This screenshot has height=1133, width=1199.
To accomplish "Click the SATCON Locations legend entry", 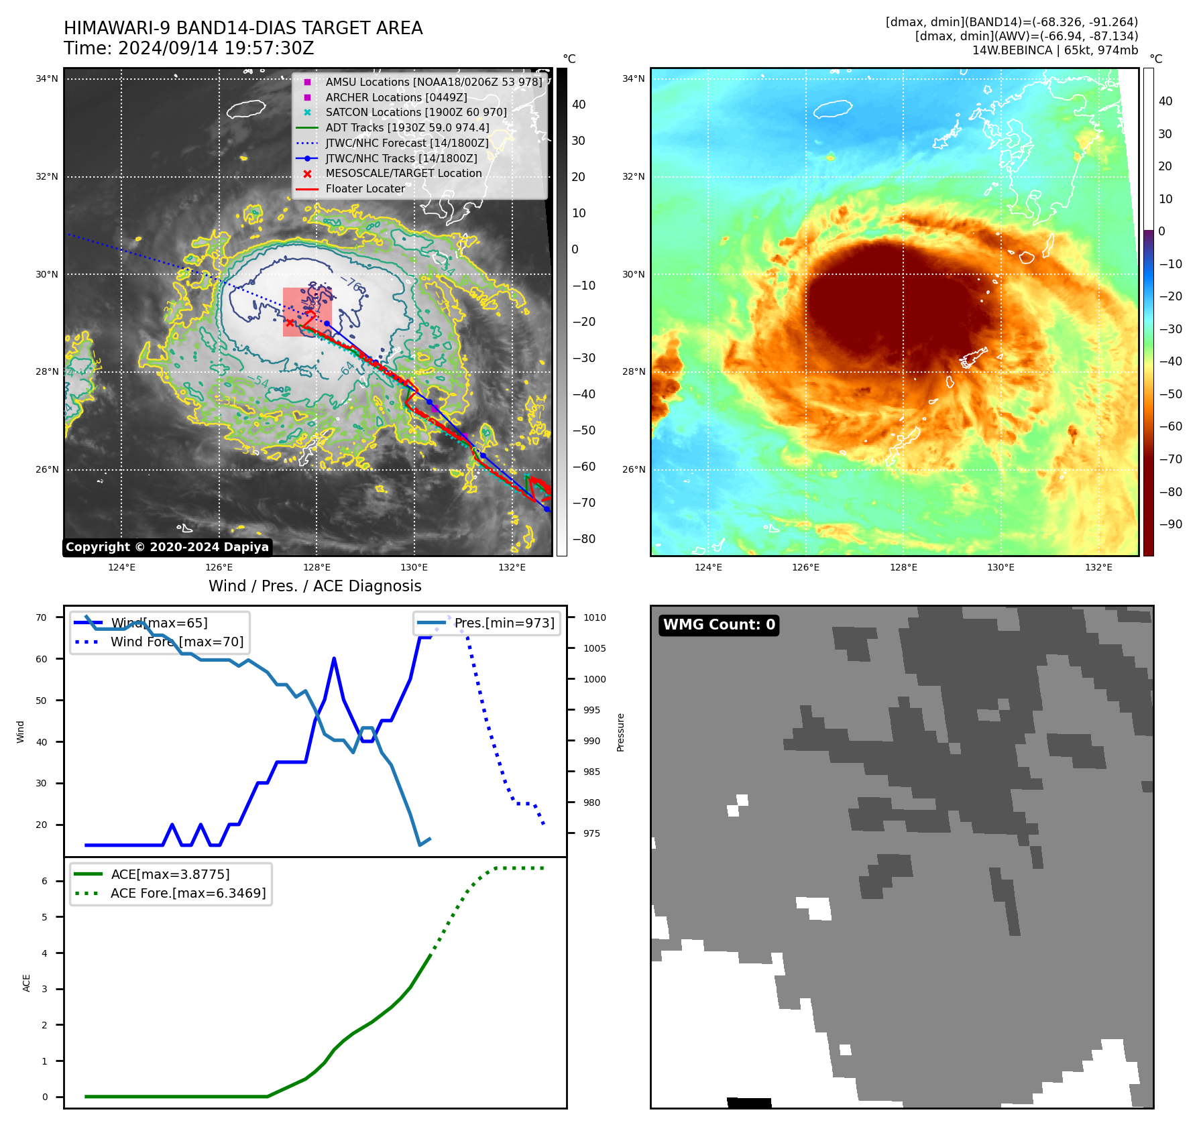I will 416,113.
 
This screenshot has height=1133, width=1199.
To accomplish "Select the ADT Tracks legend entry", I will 407,128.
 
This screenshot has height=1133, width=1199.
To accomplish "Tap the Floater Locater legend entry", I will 365,189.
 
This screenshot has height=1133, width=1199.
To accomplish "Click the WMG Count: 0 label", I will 719,625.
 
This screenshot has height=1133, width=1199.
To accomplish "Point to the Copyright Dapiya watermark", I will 167,547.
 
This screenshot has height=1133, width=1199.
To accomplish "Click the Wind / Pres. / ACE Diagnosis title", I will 315,586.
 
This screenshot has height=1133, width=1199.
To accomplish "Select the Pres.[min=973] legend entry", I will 504,623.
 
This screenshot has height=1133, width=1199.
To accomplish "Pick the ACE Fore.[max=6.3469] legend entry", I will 188,893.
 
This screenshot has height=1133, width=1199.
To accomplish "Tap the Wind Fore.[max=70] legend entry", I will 177,642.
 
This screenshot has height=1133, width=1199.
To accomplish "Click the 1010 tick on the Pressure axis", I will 594,617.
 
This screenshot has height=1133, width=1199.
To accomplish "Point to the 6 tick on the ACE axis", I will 44,881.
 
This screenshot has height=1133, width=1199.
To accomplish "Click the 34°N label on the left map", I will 47,79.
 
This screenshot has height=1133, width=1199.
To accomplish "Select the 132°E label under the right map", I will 1098,568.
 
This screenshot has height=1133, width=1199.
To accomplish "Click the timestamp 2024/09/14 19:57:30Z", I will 216,49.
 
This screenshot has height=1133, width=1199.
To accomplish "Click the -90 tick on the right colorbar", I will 1171,524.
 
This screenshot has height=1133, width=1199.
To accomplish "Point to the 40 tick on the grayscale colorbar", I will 579,105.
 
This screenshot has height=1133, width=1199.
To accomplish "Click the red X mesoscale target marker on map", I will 290,322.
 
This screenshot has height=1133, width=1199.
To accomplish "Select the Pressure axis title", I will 620,732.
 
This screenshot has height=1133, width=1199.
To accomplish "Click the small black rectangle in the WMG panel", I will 749,1102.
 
